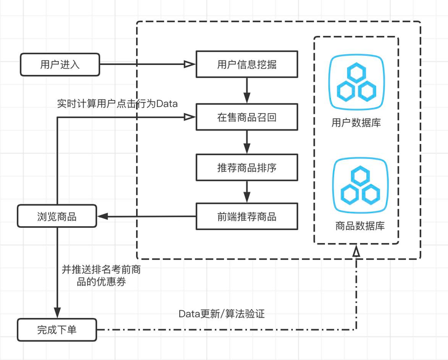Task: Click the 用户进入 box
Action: [x=60, y=64]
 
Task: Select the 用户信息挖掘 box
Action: [x=246, y=64]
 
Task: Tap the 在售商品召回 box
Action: [x=246, y=118]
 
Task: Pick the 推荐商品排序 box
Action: [x=246, y=167]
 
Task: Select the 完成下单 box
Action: [x=57, y=330]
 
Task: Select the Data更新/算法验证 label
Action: [x=222, y=314]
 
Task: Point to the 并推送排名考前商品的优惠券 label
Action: [x=101, y=276]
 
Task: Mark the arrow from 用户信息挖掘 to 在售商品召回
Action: [x=246, y=90]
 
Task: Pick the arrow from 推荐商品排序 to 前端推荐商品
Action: [x=246, y=192]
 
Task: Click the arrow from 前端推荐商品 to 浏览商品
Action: [x=146, y=217]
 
